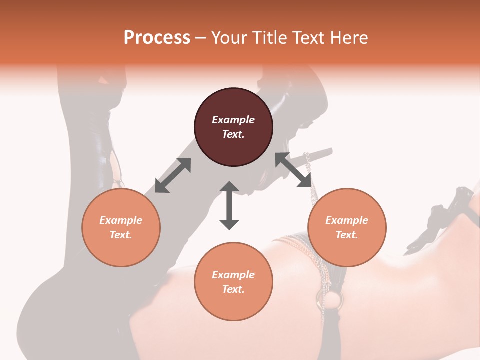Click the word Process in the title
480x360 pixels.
click(157, 38)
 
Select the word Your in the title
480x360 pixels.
click(229, 38)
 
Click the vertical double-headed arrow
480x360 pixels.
click(229, 205)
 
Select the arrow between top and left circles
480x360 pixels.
click(173, 175)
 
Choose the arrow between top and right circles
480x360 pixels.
click(293, 170)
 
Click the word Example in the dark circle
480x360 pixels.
click(233, 120)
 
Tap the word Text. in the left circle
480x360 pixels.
click(121, 235)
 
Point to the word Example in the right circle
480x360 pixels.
click(347, 220)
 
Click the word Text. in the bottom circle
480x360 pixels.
click(233, 289)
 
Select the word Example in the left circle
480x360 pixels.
click(121, 220)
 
